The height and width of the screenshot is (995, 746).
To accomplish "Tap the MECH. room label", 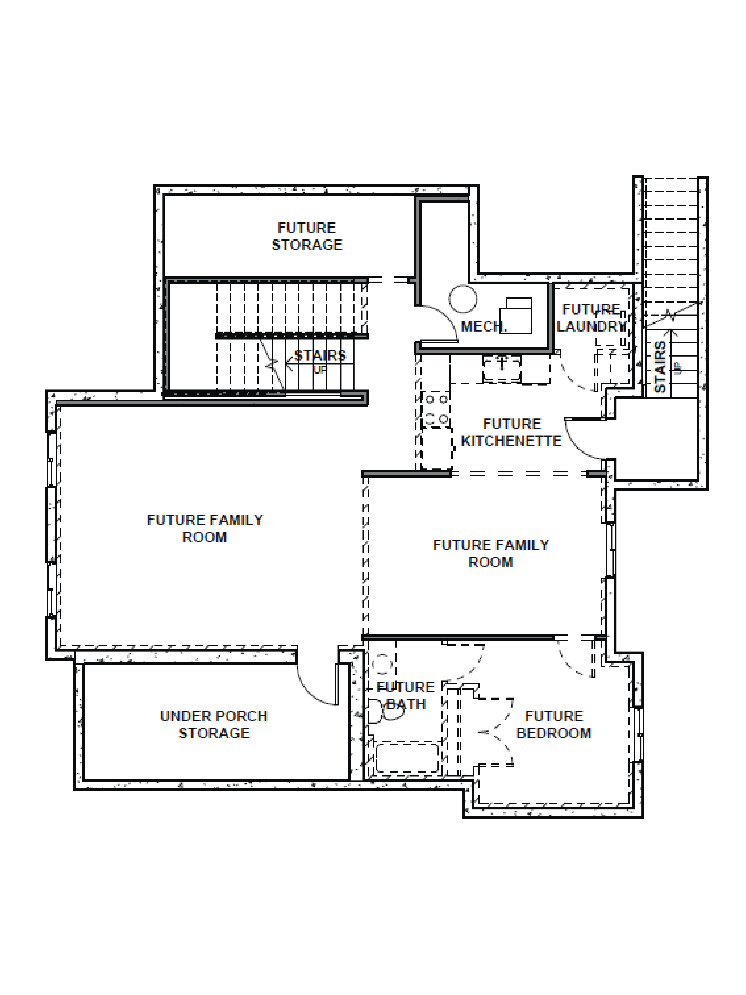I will click(483, 326).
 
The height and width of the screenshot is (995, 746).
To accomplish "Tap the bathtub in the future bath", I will click(407, 758).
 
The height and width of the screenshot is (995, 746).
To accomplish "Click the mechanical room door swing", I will click(438, 323).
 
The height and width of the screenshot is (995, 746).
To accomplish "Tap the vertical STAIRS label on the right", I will click(660, 367).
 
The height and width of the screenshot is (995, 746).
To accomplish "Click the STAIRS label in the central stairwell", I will click(320, 355).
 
